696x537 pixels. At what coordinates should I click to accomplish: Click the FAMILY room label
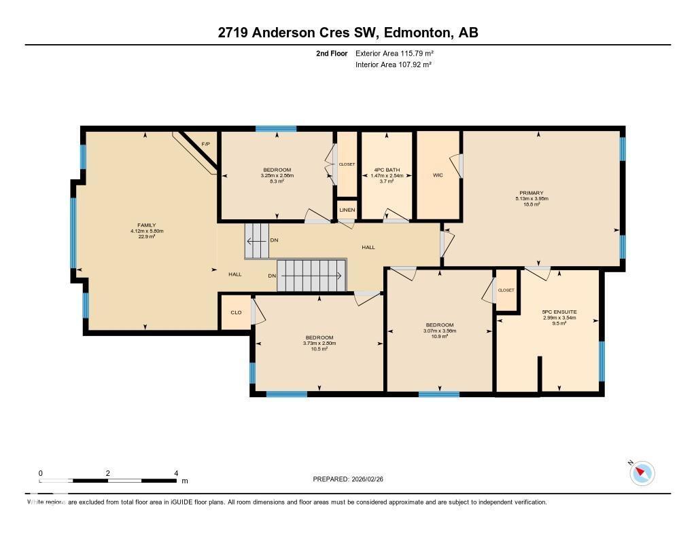point(147,225)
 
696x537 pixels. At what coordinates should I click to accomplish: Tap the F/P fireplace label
point(205,144)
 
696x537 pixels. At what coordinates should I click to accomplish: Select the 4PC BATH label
point(387,170)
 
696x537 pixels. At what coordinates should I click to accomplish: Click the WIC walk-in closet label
point(438,175)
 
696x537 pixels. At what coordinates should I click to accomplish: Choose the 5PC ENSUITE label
point(559,312)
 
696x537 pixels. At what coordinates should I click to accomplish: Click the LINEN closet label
point(347,210)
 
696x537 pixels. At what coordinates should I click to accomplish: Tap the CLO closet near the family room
point(236,312)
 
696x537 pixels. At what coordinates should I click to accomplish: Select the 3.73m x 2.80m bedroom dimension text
point(319,344)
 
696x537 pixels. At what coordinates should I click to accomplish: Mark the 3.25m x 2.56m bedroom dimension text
point(277,176)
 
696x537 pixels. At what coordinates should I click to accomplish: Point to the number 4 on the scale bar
point(176,473)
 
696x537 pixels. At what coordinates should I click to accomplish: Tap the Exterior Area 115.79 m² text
point(394,53)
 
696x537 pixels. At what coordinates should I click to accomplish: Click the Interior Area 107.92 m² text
point(394,64)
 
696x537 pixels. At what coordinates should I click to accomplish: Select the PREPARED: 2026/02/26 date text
point(352,479)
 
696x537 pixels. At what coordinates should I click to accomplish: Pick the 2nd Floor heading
point(332,53)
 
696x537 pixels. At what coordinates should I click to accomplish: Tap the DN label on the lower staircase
point(271,276)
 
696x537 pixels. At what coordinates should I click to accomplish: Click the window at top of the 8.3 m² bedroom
point(276,128)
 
